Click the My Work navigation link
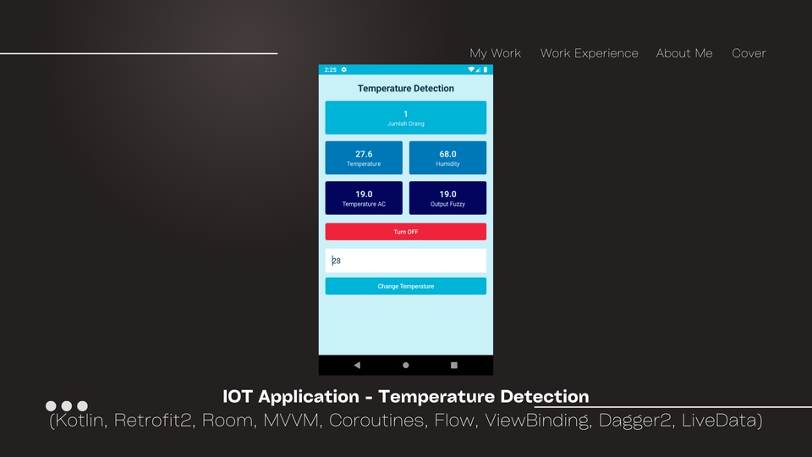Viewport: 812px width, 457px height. (x=495, y=53)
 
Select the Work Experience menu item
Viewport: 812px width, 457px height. (x=589, y=53)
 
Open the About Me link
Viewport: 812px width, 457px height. (x=684, y=53)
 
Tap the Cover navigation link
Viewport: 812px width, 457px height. (x=749, y=53)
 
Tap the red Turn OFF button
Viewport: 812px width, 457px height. (x=405, y=232)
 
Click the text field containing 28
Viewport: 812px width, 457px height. (x=405, y=261)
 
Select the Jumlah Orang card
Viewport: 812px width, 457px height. (x=405, y=118)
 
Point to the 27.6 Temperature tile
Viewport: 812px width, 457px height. (x=364, y=157)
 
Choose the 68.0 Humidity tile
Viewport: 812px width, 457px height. (x=447, y=157)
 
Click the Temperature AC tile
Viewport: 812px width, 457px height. (x=364, y=198)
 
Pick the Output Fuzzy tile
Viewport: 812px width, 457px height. (x=447, y=198)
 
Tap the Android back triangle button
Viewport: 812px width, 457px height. (x=357, y=366)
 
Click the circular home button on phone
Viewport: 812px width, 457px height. (x=405, y=366)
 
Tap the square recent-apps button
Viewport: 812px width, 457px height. (x=454, y=366)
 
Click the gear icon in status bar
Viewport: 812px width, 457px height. (x=344, y=69)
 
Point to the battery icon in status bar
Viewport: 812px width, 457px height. (x=486, y=69)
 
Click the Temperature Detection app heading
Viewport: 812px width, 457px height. (x=405, y=89)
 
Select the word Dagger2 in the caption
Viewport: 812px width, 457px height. (x=636, y=421)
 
